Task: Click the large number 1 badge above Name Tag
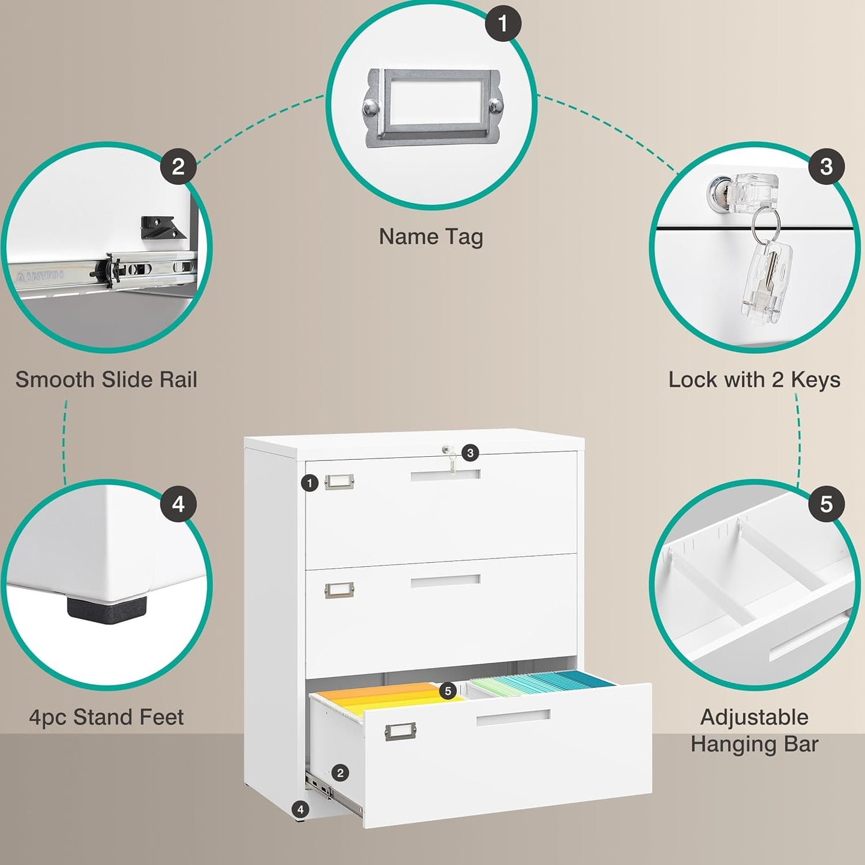[x=502, y=23]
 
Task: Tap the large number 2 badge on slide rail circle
[x=178, y=166]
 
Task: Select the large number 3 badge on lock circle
[x=826, y=166]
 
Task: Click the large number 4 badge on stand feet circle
[x=178, y=504]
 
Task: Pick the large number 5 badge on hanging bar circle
[x=826, y=504]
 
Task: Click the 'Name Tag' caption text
[x=430, y=236]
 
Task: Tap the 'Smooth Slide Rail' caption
[x=106, y=380]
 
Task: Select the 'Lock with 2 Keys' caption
[x=754, y=380]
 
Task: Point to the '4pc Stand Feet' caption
[x=106, y=717]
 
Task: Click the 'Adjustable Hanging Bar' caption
[x=754, y=730]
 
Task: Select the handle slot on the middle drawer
[x=445, y=581]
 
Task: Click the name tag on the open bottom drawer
[x=400, y=731]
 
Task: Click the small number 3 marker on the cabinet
[x=470, y=453]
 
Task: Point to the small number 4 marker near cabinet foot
[x=300, y=810]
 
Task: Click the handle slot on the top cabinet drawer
[x=445, y=475]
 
